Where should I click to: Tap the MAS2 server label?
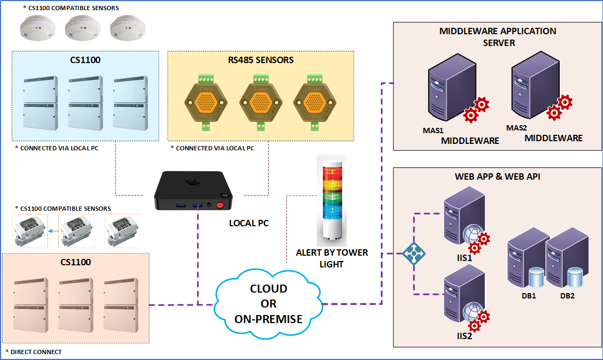[x=516, y=128]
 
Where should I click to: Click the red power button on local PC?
[x=220, y=205]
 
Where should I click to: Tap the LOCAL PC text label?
[x=249, y=223]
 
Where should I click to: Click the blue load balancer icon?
[x=414, y=254]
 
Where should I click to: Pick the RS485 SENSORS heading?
[x=261, y=60]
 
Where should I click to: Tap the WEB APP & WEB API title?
[x=497, y=176]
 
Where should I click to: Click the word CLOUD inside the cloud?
[x=269, y=289]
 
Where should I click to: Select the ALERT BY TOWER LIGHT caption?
[x=332, y=258]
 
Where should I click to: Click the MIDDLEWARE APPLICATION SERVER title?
[x=498, y=36]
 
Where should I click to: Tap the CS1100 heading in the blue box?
[x=85, y=60]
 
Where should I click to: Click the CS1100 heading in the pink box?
[x=75, y=262]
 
